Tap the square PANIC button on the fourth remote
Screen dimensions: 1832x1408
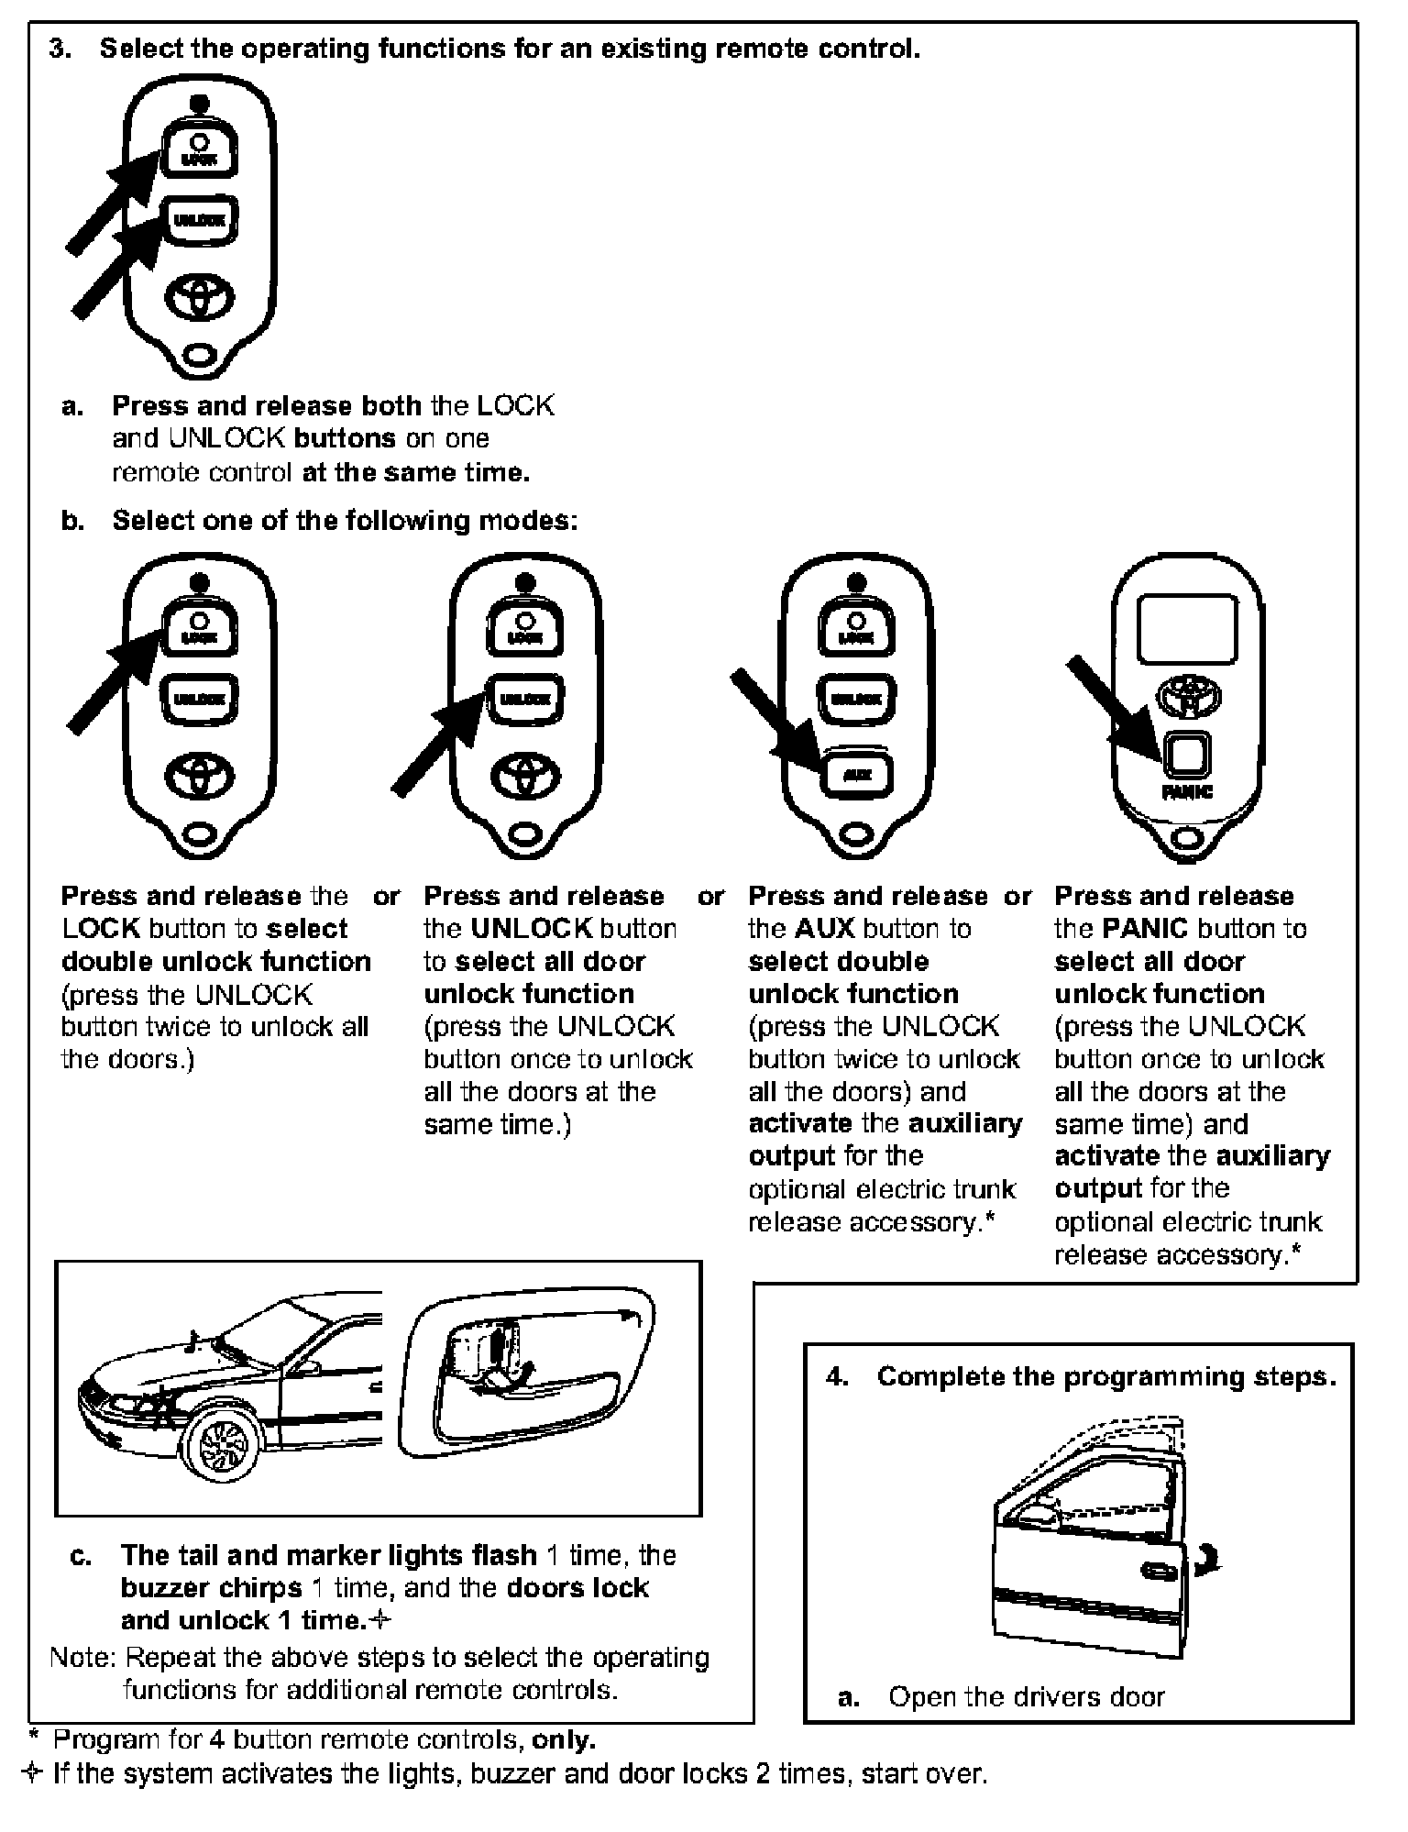coord(1186,754)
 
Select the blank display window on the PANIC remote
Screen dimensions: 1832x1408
coord(1187,629)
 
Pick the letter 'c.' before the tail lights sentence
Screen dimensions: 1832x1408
coord(81,1555)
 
